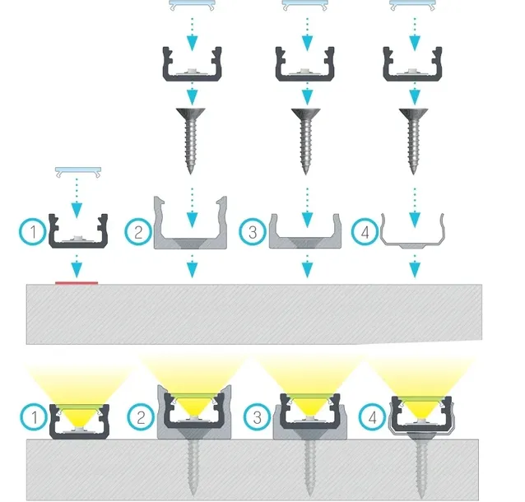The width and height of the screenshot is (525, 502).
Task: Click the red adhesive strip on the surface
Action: point(77,283)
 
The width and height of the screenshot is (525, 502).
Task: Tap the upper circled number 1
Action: point(33,232)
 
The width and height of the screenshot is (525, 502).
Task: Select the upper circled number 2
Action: point(138,232)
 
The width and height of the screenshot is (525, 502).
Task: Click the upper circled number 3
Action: point(253,232)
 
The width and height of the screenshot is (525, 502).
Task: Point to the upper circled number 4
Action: point(365,232)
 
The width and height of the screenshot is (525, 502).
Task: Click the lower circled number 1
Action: point(34,417)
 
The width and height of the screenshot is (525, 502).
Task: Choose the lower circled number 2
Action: point(141,417)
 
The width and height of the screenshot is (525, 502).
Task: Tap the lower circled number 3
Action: point(257,417)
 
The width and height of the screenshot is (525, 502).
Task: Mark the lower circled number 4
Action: point(372,417)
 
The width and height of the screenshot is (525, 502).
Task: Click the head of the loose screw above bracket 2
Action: point(191,113)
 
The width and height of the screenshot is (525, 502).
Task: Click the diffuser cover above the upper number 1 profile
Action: point(78,171)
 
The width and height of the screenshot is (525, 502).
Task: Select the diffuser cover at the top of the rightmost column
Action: point(412,5)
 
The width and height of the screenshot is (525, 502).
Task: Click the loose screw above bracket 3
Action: point(305,141)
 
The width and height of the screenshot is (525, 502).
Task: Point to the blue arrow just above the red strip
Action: point(77,267)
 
